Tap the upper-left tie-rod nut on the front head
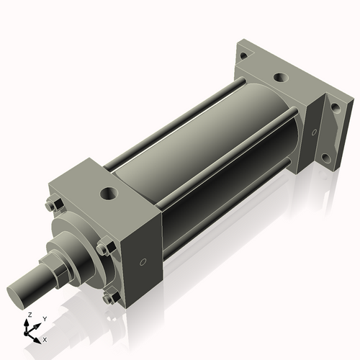pyautogui.click(x=50, y=205)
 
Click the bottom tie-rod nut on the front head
pyautogui.click(x=109, y=297)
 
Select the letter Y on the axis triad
pyautogui.click(x=44, y=318)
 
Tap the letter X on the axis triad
pyautogui.click(x=45, y=338)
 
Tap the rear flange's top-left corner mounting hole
pyautogui.click(x=243, y=55)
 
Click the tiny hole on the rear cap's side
pyautogui.click(x=313, y=131)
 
